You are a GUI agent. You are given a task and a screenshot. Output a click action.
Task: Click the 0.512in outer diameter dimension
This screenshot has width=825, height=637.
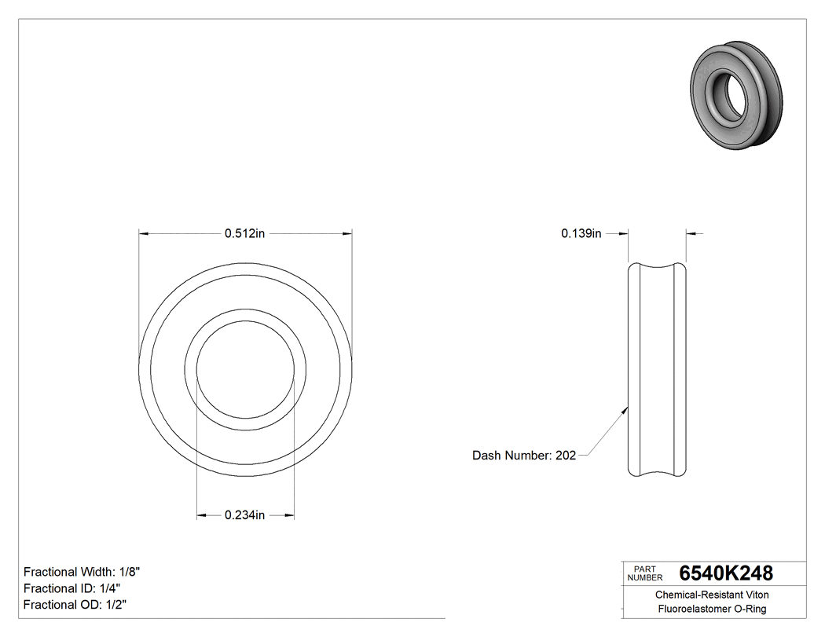coord(245,233)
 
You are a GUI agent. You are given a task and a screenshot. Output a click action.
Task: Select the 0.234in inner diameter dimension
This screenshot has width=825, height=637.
coord(245,515)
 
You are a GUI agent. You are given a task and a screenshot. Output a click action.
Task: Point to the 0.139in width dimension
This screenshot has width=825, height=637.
coord(581,233)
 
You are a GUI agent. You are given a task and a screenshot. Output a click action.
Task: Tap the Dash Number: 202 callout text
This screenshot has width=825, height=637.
coord(524,456)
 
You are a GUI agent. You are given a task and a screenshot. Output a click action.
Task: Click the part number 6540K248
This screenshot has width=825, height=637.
coord(726,573)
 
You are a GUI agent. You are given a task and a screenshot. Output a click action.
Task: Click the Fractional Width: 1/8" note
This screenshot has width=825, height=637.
coord(82,572)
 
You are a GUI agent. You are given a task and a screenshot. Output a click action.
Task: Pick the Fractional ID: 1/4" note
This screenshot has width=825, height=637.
coord(71,588)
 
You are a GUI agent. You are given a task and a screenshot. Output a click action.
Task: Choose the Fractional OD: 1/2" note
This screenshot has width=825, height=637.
coord(75,605)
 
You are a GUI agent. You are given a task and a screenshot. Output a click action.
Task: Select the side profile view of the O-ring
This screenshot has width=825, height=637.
coord(658,369)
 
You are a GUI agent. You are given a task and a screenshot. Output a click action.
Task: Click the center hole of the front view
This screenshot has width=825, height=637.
coord(245,371)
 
